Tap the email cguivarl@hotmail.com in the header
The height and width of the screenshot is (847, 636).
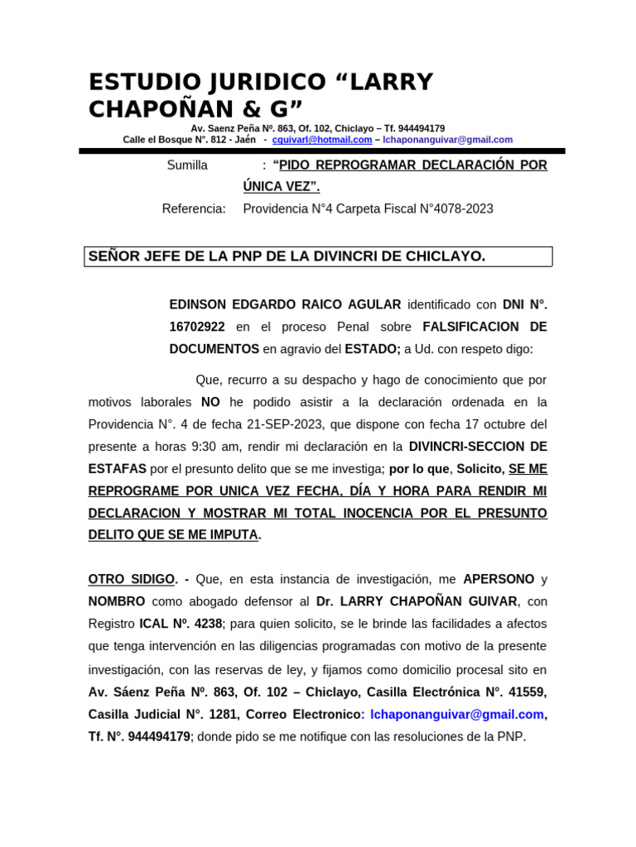point(322,140)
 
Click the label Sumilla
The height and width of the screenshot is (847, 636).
point(187,165)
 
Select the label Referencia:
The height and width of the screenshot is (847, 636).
point(194,208)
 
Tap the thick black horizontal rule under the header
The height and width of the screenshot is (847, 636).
point(322,151)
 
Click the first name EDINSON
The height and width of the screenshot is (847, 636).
point(198,304)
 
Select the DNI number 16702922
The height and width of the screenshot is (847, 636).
point(197,327)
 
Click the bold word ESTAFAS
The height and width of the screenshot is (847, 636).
point(118,469)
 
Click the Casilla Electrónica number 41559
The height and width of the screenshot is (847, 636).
point(526,691)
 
